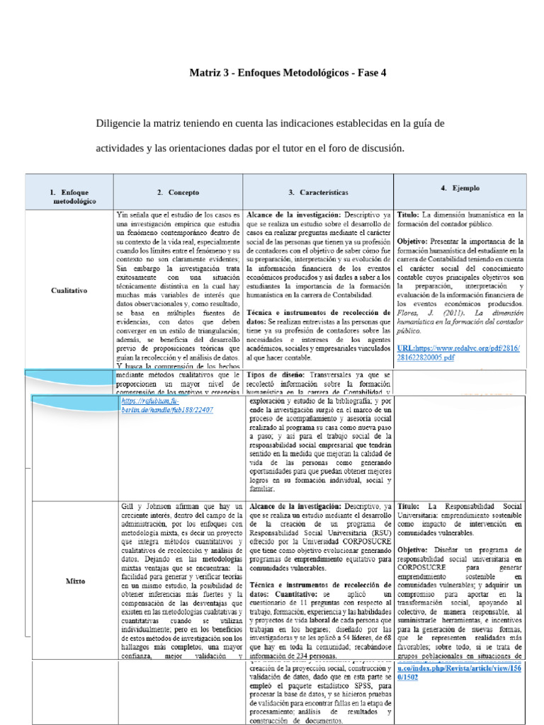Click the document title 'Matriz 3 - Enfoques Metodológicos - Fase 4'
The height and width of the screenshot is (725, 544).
tap(288, 73)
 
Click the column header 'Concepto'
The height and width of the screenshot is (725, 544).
tap(178, 192)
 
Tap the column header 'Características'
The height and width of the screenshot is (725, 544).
tap(318, 192)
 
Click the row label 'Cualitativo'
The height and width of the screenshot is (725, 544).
tap(69, 290)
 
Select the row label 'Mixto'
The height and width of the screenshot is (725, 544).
tap(76, 581)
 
